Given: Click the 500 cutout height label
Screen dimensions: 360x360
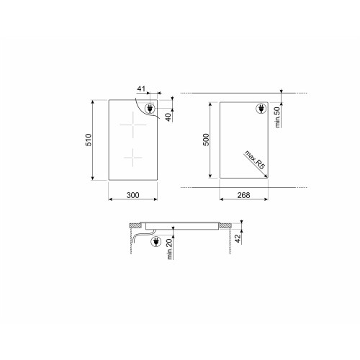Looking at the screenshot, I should [205, 140].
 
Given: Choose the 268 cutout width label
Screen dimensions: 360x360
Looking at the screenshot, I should [243, 194].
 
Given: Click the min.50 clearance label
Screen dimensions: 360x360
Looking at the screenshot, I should [277, 115].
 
